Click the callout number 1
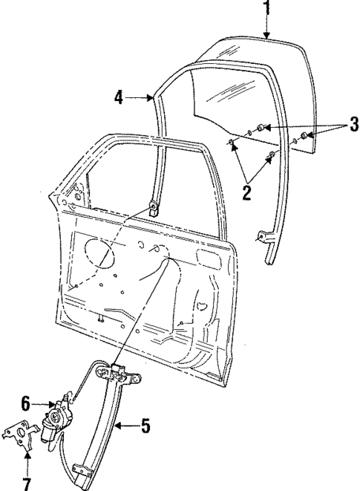(266, 10)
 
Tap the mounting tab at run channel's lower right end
(261, 238)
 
